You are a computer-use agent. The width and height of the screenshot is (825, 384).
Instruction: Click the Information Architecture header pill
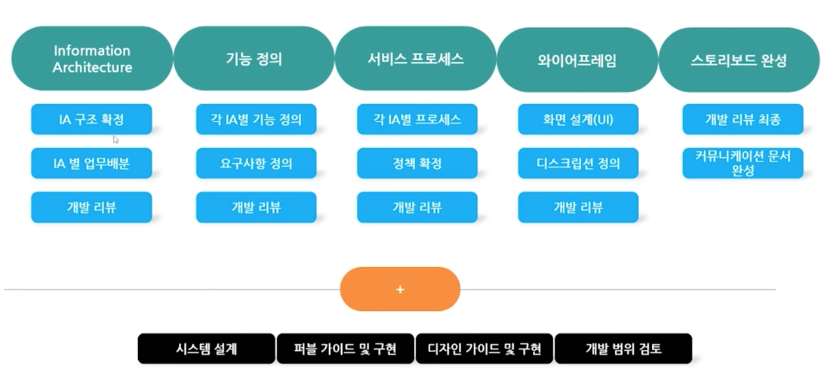pos(92,59)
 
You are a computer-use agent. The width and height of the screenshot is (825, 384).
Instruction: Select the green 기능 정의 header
pos(253,59)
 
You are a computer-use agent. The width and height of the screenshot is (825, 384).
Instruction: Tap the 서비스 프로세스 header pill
pos(415,59)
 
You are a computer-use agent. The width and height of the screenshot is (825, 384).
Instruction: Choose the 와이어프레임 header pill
pos(577,60)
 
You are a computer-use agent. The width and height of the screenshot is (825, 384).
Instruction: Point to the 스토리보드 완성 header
pos(738,60)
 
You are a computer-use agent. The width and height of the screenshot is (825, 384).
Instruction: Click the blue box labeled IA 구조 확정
pos(92,119)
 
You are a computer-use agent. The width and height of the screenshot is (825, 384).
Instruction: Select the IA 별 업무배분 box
pos(92,163)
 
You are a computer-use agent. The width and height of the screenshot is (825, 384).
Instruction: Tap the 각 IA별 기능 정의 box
pos(256,119)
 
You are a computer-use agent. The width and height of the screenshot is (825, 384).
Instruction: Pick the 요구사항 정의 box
pos(256,163)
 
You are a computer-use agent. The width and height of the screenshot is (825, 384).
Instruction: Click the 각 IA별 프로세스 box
pos(417,119)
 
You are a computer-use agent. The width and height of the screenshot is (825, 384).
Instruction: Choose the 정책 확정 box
pos(417,163)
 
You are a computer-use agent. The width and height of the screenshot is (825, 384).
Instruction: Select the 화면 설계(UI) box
pos(578,119)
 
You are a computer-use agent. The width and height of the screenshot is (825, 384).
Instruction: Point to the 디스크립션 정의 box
pos(578,163)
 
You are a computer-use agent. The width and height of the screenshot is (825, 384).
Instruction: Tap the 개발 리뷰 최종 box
pos(742,119)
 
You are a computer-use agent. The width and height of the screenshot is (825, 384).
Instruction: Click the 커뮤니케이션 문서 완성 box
pos(742,163)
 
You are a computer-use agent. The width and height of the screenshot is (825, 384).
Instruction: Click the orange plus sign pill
pos(400,289)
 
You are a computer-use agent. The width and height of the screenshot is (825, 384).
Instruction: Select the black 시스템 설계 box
pos(206,348)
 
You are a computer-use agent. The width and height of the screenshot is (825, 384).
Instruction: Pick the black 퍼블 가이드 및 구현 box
pos(345,348)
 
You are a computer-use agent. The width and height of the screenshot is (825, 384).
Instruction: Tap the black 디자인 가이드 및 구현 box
pos(484,348)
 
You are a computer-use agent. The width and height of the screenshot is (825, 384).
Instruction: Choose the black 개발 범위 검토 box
pos(623,348)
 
